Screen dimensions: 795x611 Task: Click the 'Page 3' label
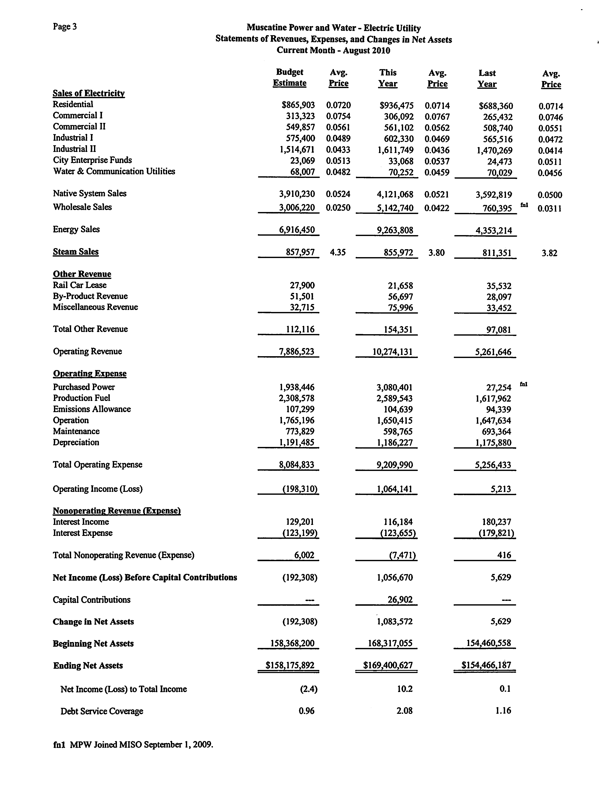[65, 27]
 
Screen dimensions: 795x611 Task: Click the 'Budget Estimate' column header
[289, 77]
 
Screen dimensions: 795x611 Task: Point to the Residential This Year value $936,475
[396, 106]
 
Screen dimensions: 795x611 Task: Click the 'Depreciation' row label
[76, 442]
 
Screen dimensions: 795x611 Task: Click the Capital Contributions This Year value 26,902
[400, 600]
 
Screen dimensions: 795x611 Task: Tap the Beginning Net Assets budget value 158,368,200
[292, 643]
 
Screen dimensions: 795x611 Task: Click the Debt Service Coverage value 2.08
[404, 711]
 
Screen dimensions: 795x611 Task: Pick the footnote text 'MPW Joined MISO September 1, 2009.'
[141, 744]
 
